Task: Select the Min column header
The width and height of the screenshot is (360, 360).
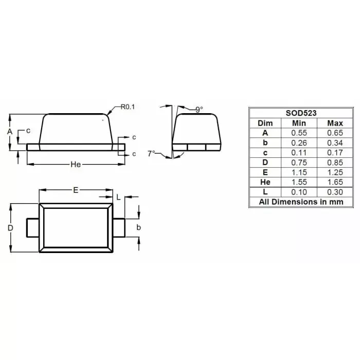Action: tap(299, 123)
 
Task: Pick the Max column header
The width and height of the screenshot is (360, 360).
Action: tap(335, 123)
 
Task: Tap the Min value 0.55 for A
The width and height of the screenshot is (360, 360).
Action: tap(299, 133)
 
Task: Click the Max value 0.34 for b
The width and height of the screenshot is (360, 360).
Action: tap(335, 142)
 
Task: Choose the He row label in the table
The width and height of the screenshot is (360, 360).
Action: tap(265, 182)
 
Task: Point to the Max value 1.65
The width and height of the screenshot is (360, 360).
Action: tap(335, 182)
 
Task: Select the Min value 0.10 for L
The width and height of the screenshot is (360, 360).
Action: tap(299, 192)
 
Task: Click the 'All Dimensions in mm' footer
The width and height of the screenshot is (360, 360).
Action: tap(301, 202)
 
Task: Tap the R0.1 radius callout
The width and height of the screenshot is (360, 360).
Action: tap(127, 107)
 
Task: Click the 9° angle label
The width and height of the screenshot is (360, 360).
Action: tap(200, 110)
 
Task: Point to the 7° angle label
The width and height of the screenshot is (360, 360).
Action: tap(151, 153)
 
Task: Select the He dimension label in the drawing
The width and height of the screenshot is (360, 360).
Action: tap(76, 164)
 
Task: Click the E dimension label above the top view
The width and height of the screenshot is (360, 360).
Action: tap(75, 190)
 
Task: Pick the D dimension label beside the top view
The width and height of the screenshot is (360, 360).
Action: tap(10, 228)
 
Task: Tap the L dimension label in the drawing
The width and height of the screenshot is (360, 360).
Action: tap(118, 197)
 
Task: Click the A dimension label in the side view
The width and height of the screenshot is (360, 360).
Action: tap(9, 132)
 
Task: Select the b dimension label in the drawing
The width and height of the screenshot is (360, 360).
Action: tap(138, 227)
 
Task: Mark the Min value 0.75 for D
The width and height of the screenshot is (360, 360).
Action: tap(299, 162)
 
